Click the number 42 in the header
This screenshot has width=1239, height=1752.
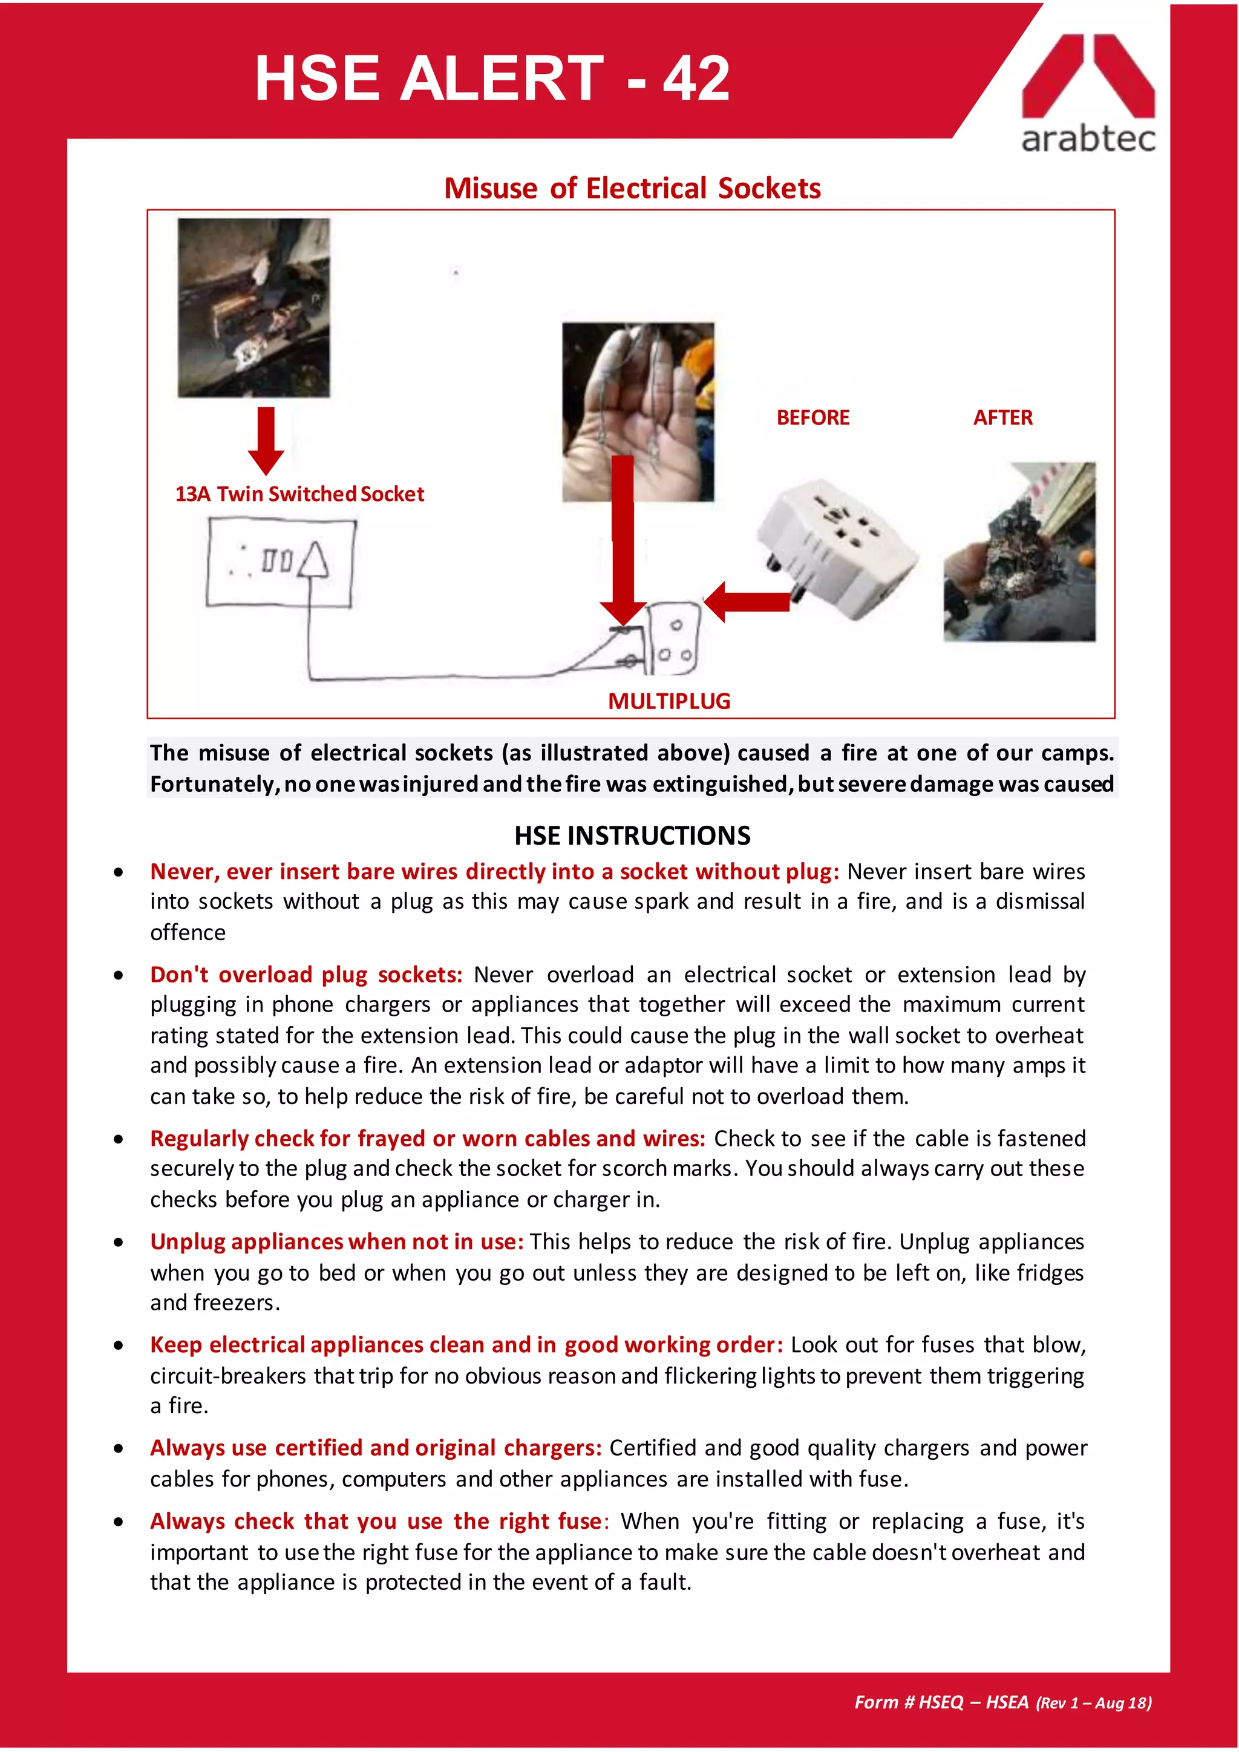pos(696,79)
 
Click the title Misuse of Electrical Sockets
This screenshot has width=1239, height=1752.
pos(632,189)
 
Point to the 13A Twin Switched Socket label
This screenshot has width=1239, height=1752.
pos(299,494)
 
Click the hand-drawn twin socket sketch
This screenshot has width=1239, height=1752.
pos(281,563)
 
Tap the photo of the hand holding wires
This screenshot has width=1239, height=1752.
pos(638,412)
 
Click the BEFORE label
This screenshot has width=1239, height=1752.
pos(812,418)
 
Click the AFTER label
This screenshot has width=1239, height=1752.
pos(1002,418)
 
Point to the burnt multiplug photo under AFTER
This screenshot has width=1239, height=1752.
pos(1019,552)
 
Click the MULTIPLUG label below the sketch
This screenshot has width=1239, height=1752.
pos(669,701)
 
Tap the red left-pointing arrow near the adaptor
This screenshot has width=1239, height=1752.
pos(746,601)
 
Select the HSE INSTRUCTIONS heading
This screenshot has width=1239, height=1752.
pos(632,835)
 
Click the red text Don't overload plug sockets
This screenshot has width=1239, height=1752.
pos(306,975)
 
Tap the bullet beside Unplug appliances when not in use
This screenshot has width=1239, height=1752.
pos(118,1242)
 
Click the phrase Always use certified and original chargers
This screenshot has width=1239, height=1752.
pos(375,1448)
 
